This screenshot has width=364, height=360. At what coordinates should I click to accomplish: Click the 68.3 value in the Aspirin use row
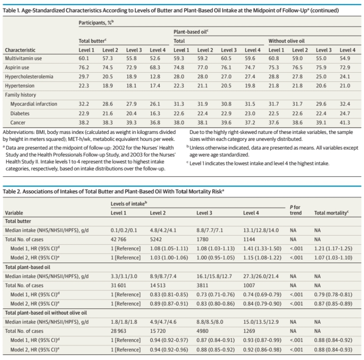point(155,67)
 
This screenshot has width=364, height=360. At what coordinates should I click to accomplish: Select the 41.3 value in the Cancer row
point(345,122)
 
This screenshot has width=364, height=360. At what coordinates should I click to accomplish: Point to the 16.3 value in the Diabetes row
point(155,113)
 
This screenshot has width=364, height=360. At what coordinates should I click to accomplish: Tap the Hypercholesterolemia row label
point(29,77)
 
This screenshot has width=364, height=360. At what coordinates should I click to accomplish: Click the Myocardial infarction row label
point(34,104)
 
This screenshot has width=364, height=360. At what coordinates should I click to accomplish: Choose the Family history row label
point(20,95)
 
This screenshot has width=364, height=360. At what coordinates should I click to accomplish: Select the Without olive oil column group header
point(287,41)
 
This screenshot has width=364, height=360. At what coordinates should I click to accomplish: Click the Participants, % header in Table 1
point(96,23)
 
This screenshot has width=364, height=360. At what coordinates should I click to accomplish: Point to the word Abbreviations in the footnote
point(18,132)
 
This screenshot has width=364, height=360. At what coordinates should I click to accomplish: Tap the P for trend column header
point(295,210)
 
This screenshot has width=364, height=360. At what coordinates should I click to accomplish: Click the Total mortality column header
point(331,213)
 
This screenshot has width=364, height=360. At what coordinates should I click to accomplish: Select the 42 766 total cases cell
point(118,239)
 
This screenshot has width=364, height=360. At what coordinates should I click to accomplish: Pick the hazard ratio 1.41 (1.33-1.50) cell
point(262,249)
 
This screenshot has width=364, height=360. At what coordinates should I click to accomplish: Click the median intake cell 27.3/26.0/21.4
point(261,277)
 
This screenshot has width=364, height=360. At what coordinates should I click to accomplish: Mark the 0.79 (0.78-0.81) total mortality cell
point(333,295)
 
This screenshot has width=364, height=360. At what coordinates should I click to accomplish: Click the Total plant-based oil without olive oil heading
point(46,313)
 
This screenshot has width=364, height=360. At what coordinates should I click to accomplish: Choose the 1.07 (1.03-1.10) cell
point(333,258)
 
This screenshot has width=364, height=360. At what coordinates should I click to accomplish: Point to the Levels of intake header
point(129,204)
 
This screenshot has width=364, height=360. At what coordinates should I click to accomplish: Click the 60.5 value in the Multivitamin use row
point(226,58)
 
